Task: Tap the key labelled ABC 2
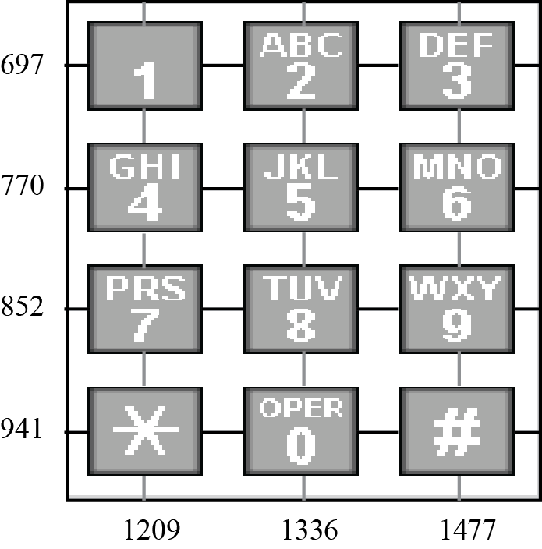click(301, 66)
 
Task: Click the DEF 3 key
click(457, 66)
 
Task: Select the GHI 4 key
click(144, 188)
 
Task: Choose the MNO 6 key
click(457, 188)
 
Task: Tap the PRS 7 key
click(144, 310)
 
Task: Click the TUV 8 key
click(301, 310)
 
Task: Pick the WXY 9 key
click(457, 310)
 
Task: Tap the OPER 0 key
click(301, 431)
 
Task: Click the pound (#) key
click(457, 431)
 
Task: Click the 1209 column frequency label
click(152, 530)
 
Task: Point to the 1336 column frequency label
click(310, 530)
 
